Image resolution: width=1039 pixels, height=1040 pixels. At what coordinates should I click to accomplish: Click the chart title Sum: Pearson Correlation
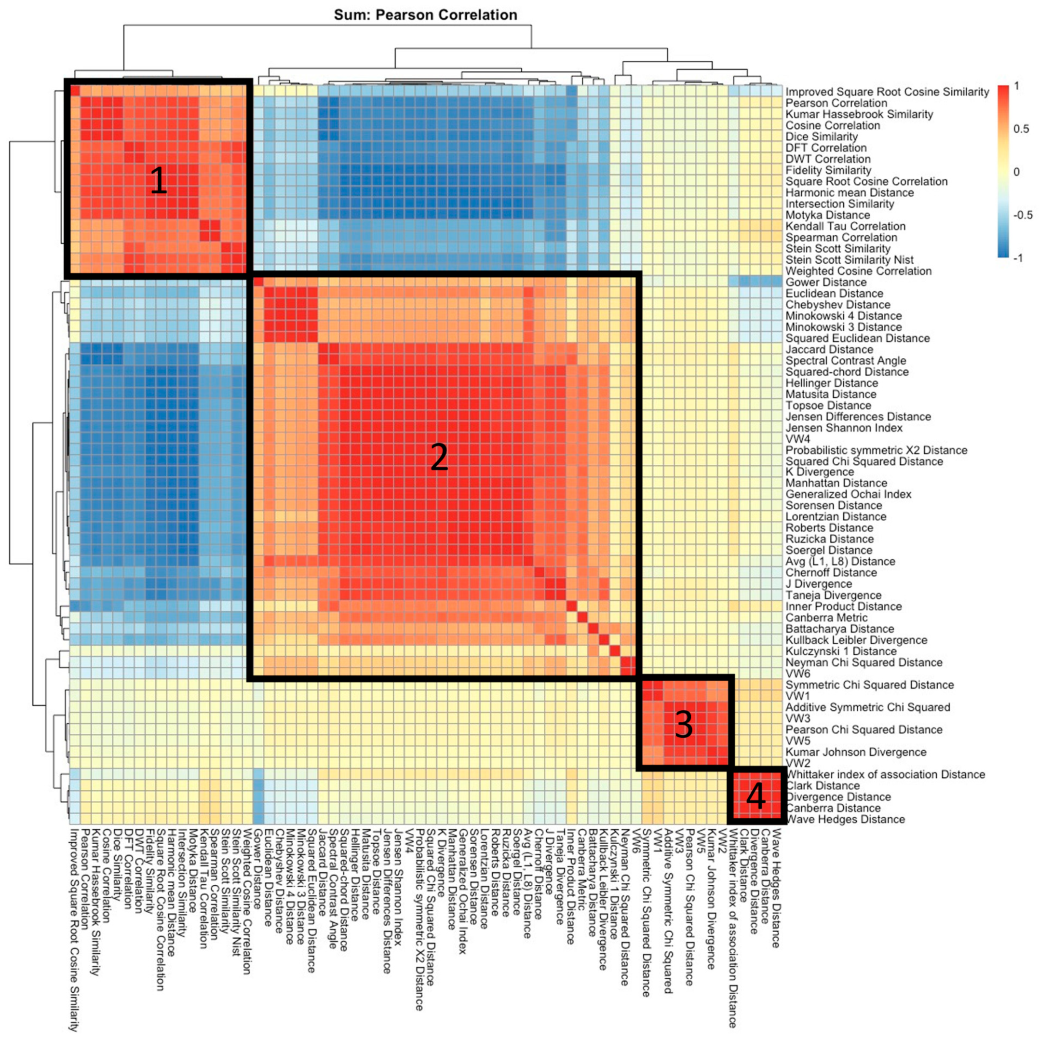(425, 15)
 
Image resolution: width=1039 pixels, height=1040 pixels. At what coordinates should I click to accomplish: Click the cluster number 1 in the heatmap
(158, 181)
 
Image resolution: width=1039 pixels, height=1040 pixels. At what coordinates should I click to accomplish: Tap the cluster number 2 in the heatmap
(439, 458)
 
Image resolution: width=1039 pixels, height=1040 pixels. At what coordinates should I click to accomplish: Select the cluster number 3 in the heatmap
(684, 725)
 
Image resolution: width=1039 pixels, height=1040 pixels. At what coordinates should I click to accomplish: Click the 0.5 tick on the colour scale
(1021, 129)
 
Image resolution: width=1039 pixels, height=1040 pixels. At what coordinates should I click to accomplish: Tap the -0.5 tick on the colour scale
(1023, 216)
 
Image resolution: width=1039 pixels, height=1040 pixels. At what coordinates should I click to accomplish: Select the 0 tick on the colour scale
(1016, 172)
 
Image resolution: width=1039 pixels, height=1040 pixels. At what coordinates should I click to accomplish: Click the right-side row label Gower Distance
(826, 283)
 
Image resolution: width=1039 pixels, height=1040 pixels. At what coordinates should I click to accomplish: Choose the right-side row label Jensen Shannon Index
(844, 428)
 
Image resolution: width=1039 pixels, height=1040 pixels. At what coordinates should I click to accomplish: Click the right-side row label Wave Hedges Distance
(845, 820)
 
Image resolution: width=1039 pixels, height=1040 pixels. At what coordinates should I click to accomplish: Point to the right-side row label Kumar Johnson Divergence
(856, 752)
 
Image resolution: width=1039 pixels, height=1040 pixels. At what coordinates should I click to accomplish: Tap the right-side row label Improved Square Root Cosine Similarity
(887, 92)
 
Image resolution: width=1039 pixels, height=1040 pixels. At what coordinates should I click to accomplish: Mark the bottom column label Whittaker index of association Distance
(732, 920)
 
